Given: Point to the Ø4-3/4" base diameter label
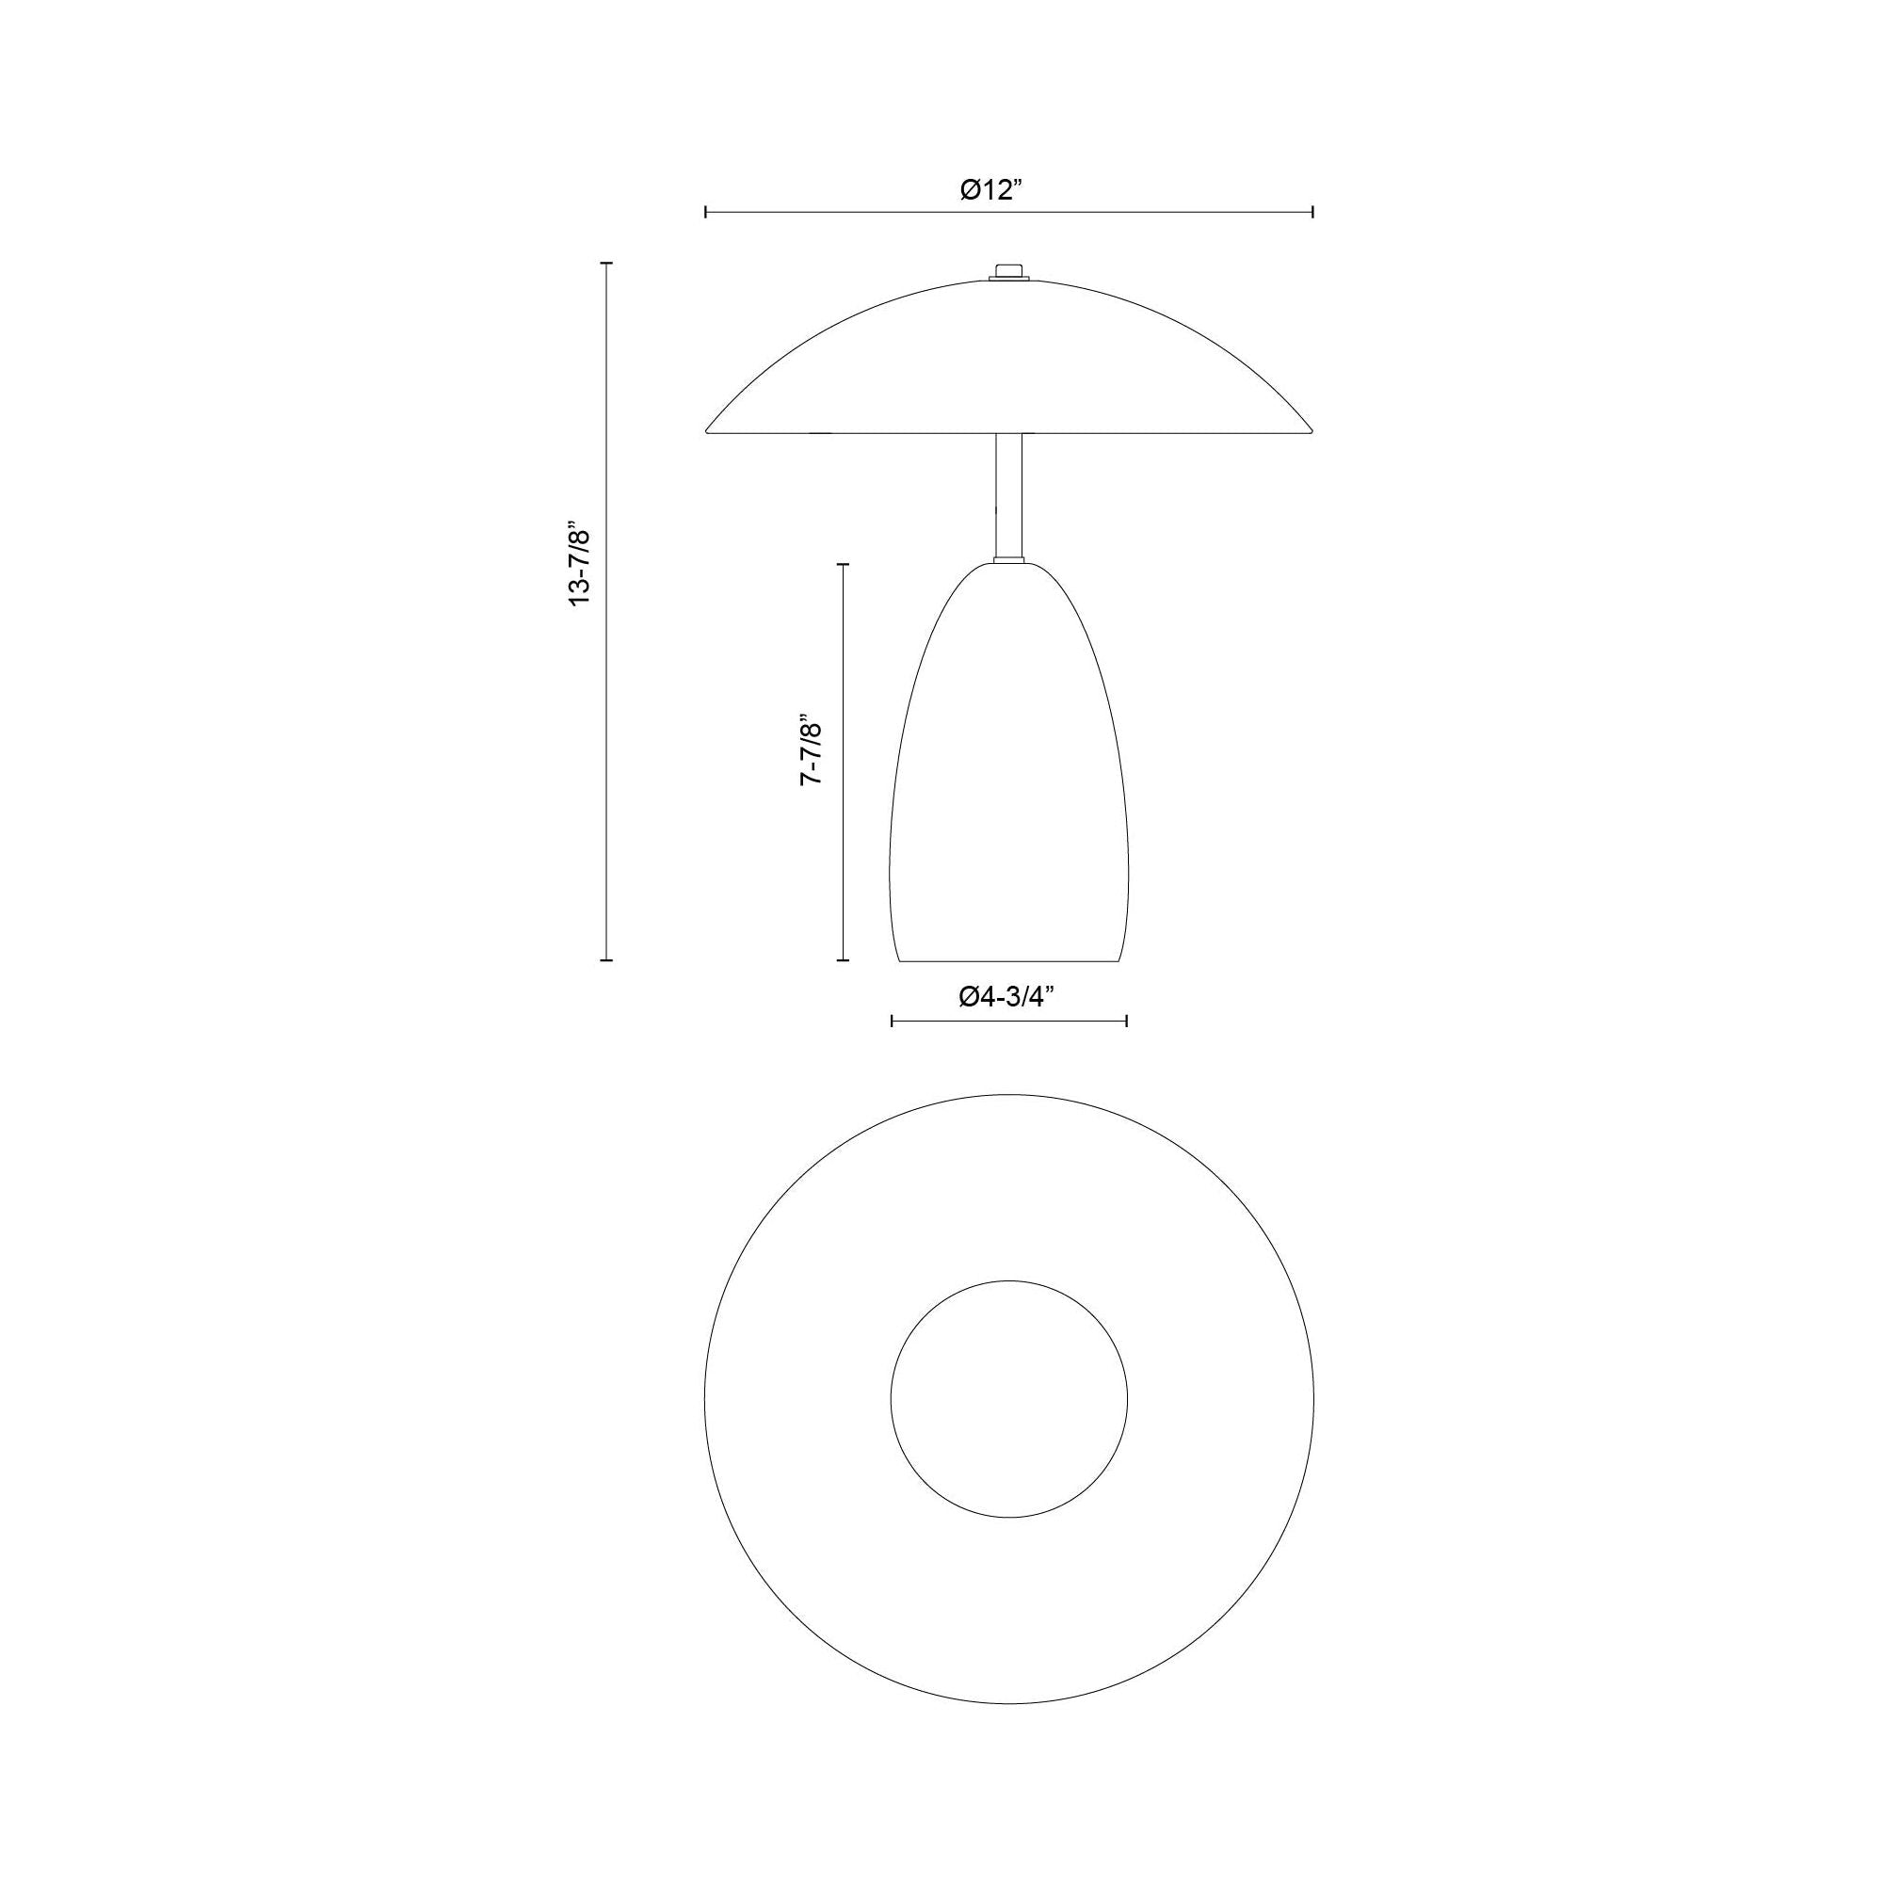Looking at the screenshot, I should point(1007,996).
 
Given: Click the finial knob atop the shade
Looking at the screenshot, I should point(1008,270).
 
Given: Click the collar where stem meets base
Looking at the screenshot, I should point(1008,559).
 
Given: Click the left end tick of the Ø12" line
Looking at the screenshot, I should point(705,212).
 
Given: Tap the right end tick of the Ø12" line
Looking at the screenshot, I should point(1312,212).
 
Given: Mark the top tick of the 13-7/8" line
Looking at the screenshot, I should point(606,264).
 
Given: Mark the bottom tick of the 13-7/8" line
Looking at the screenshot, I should point(606,960).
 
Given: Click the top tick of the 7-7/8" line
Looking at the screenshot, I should point(843,563).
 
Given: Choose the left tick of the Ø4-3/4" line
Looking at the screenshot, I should point(892,1021).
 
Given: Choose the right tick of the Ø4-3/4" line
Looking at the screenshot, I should point(1127,1021).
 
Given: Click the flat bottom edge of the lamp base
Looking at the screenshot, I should point(1008,961).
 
